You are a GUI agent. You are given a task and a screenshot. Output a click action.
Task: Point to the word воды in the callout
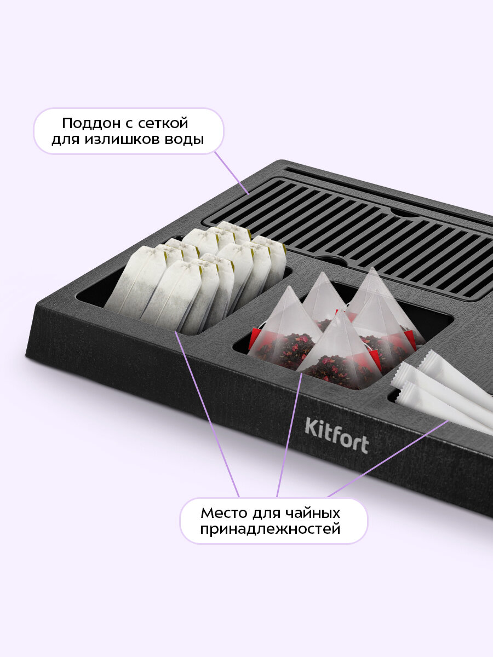click(x=185, y=140)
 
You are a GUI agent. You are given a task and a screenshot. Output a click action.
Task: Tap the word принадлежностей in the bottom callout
click(x=270, y=529)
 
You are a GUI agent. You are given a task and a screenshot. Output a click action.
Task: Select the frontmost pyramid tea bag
click(x=341, y=353)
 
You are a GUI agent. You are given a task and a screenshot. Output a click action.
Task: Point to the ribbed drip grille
click(x=347, y=239)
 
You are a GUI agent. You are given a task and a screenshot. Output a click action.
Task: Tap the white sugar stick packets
click(x=443, y=392)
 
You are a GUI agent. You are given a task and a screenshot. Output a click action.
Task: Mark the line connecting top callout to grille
click(x=232, y=172)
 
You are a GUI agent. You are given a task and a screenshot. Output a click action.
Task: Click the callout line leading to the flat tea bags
click(x=208, y=414)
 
